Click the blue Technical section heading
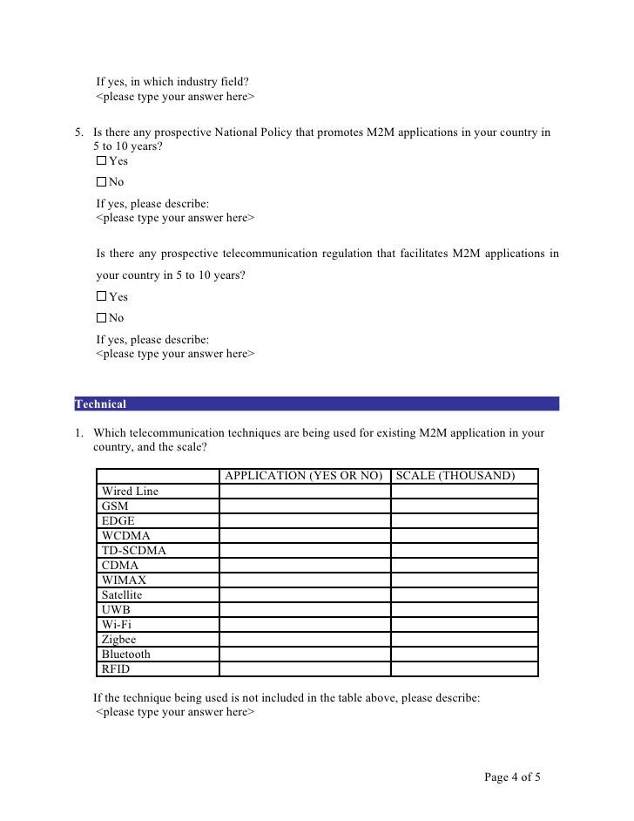101,404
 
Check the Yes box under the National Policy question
101,161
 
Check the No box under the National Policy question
101,182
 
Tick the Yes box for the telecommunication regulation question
101,297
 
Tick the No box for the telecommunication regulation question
101,318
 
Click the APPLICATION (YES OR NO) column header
304,476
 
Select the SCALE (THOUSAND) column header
455,476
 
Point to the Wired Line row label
130,492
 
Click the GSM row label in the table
115,506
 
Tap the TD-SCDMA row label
133,551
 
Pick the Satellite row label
121,595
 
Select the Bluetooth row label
125,655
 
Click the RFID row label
116,669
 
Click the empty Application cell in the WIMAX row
304,580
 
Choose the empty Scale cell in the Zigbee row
463,640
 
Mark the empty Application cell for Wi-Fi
304,625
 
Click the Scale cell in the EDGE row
463,521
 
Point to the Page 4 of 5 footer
512,777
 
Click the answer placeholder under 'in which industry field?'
175,97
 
